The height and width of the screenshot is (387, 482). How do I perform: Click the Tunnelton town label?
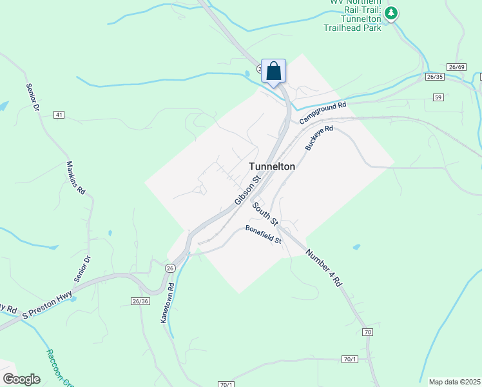click(x=272, y=166)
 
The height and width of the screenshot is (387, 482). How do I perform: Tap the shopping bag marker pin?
click(x=273, y=72)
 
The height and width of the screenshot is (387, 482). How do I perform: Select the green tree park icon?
click(x=390, y=12)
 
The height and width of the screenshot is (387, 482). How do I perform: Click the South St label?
click(x=265, y=214)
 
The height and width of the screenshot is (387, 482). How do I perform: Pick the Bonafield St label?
click(x=263, y=235)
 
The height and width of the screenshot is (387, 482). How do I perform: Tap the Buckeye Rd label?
click(x=319, y=138)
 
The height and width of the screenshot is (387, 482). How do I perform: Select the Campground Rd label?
click(x=323, y=112)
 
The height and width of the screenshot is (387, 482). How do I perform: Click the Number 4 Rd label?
click(x=323, y=267)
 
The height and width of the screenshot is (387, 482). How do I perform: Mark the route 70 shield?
click(x=367, y=332)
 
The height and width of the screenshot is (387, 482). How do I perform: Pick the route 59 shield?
click(x=438, y=97)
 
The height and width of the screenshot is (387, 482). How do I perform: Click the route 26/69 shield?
click(x=456, y=67)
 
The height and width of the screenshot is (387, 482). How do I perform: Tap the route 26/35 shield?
click(x=435, y=77)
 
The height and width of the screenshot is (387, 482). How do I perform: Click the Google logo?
click(x=21, y=379)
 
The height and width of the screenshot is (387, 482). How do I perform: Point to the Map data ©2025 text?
click(x=454, y=382)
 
